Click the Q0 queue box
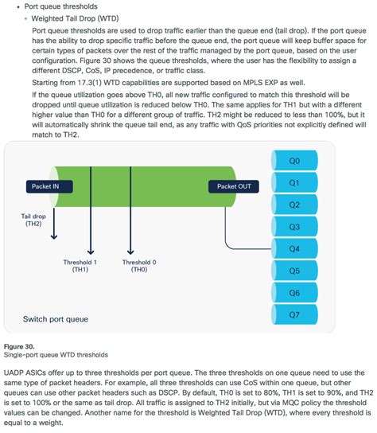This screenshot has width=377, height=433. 294,161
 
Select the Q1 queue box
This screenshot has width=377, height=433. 294,183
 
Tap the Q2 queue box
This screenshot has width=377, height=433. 294,205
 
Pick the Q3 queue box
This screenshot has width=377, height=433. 294,227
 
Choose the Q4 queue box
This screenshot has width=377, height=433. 294,249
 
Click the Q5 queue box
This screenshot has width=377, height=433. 294,271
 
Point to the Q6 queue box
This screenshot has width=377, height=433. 294,293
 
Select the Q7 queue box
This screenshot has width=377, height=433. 294,314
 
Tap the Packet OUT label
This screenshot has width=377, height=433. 234,186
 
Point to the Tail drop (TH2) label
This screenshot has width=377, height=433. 33,220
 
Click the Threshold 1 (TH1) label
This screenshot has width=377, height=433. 80,265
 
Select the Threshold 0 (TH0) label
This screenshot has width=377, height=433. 139,265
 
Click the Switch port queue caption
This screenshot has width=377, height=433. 56,319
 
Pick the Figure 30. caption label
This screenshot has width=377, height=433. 19,346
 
